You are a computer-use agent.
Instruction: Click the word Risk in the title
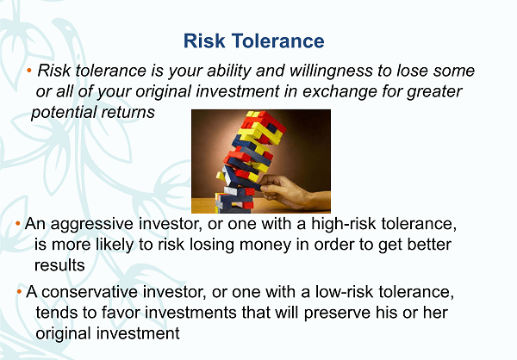pos(204,40)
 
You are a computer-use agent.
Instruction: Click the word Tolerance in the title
pos(278,40)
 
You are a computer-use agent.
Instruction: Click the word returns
pos(128,113)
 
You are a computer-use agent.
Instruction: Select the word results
pos(59,265)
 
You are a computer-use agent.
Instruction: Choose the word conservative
pos(90,292)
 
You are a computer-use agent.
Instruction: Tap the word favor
pos(121,312)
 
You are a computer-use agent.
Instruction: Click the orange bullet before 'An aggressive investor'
pos(18,224)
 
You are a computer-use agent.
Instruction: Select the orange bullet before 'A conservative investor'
pos(19,291)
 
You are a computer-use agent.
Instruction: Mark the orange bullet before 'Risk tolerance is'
pos(29,71)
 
